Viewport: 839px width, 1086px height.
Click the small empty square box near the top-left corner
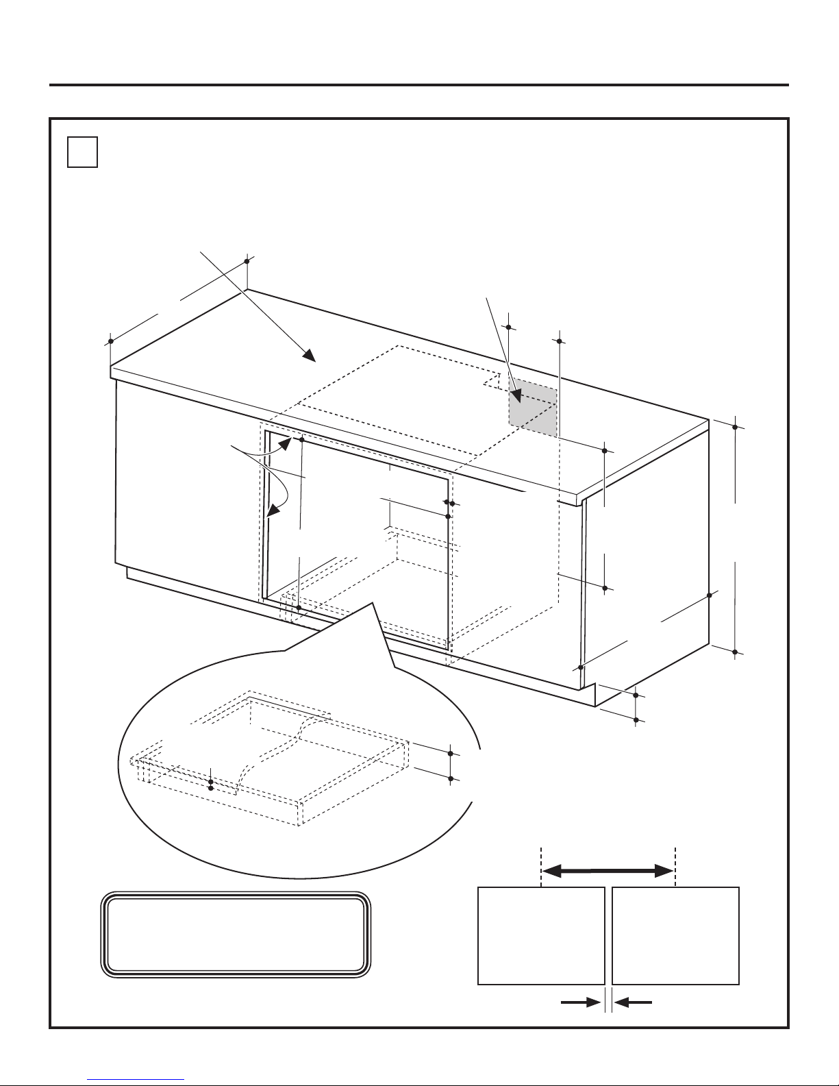(x=83, y=152)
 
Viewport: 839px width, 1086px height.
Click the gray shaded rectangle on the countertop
(x=533, y=406)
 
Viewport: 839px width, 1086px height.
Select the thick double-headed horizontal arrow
(x=608, y=871)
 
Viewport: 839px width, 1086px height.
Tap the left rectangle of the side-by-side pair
(x=540, y=936)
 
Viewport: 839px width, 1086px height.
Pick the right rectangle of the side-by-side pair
(x=675, y=936)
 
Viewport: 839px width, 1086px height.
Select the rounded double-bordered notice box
(x=236, y=936)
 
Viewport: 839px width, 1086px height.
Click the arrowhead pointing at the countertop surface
(x=309, y=355)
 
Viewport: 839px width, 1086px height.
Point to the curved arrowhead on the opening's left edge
(x=274, y=510)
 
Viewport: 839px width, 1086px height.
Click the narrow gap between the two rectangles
(x=608, y=936)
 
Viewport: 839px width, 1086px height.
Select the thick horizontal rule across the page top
(x=419, y=85)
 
